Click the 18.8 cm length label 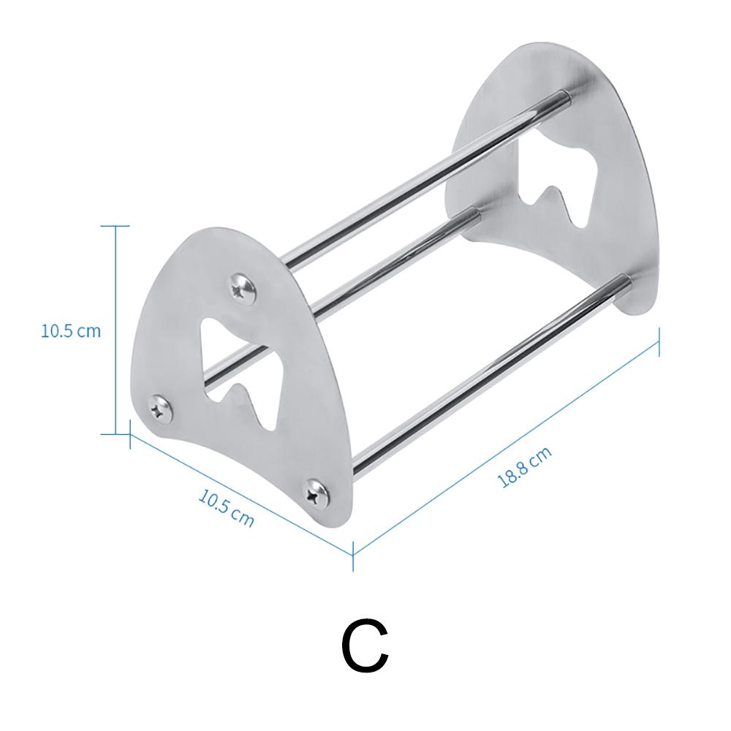(x=524, y=467)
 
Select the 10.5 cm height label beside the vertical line (x=70, y=330)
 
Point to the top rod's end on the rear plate (x=565, y=94)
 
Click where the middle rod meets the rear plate (x=475, y=213)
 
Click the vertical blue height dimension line (x=115, y=329)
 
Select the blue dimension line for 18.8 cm (x=507, y=447)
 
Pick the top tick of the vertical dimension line (x=115, y=226)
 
